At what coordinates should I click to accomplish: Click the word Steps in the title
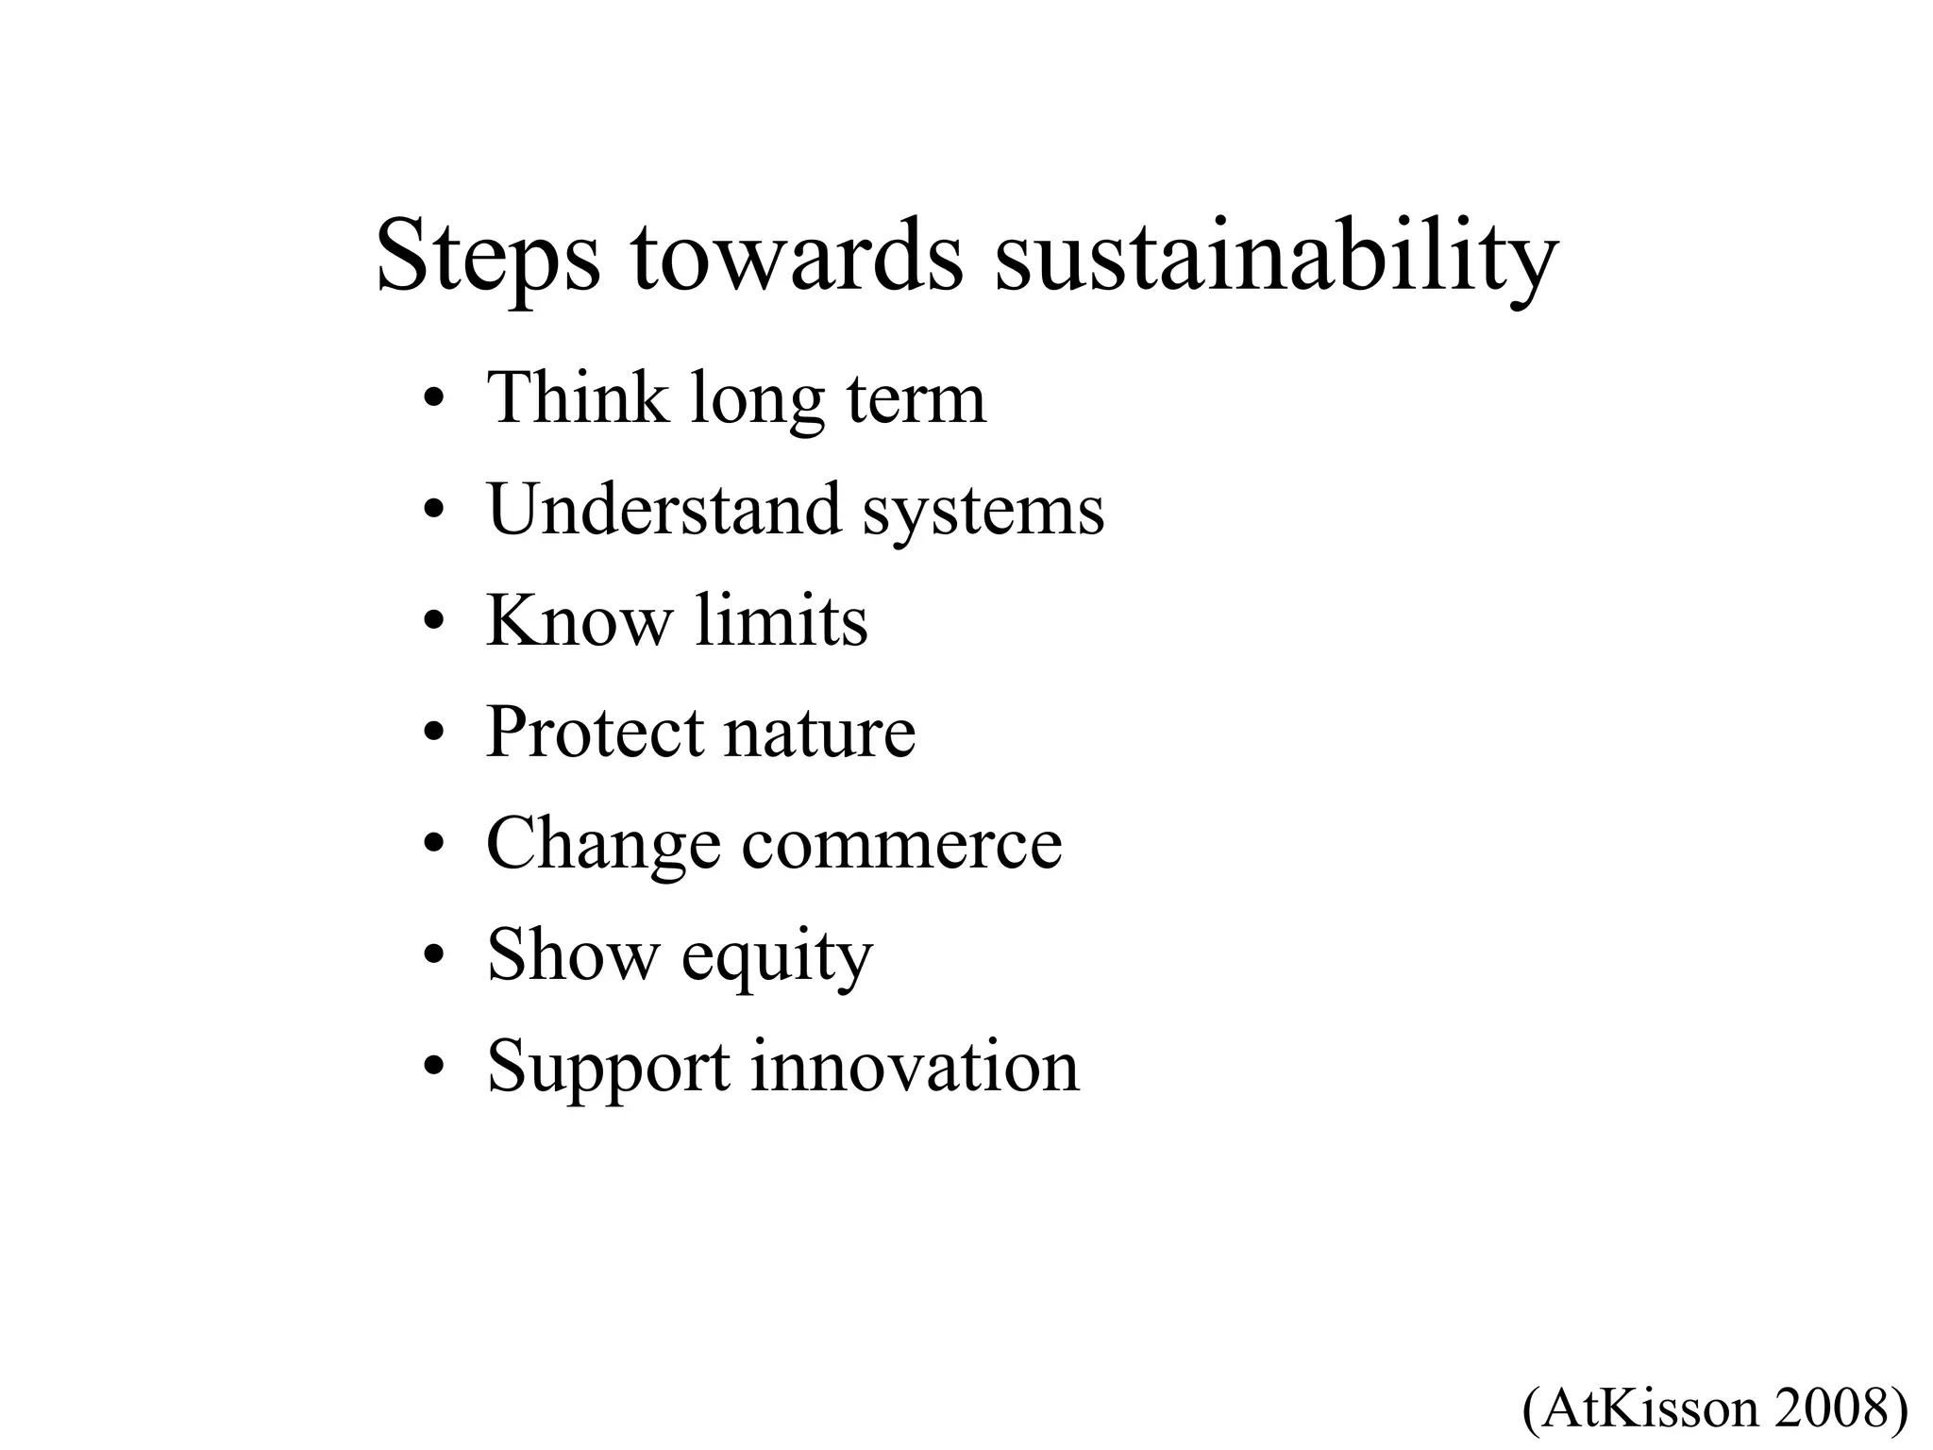point(487,257)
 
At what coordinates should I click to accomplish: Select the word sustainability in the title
point(1275,257)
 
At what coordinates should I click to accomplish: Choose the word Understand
point(664,510)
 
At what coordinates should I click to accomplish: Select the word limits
point(782,621)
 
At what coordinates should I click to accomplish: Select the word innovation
point(915,1067)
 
